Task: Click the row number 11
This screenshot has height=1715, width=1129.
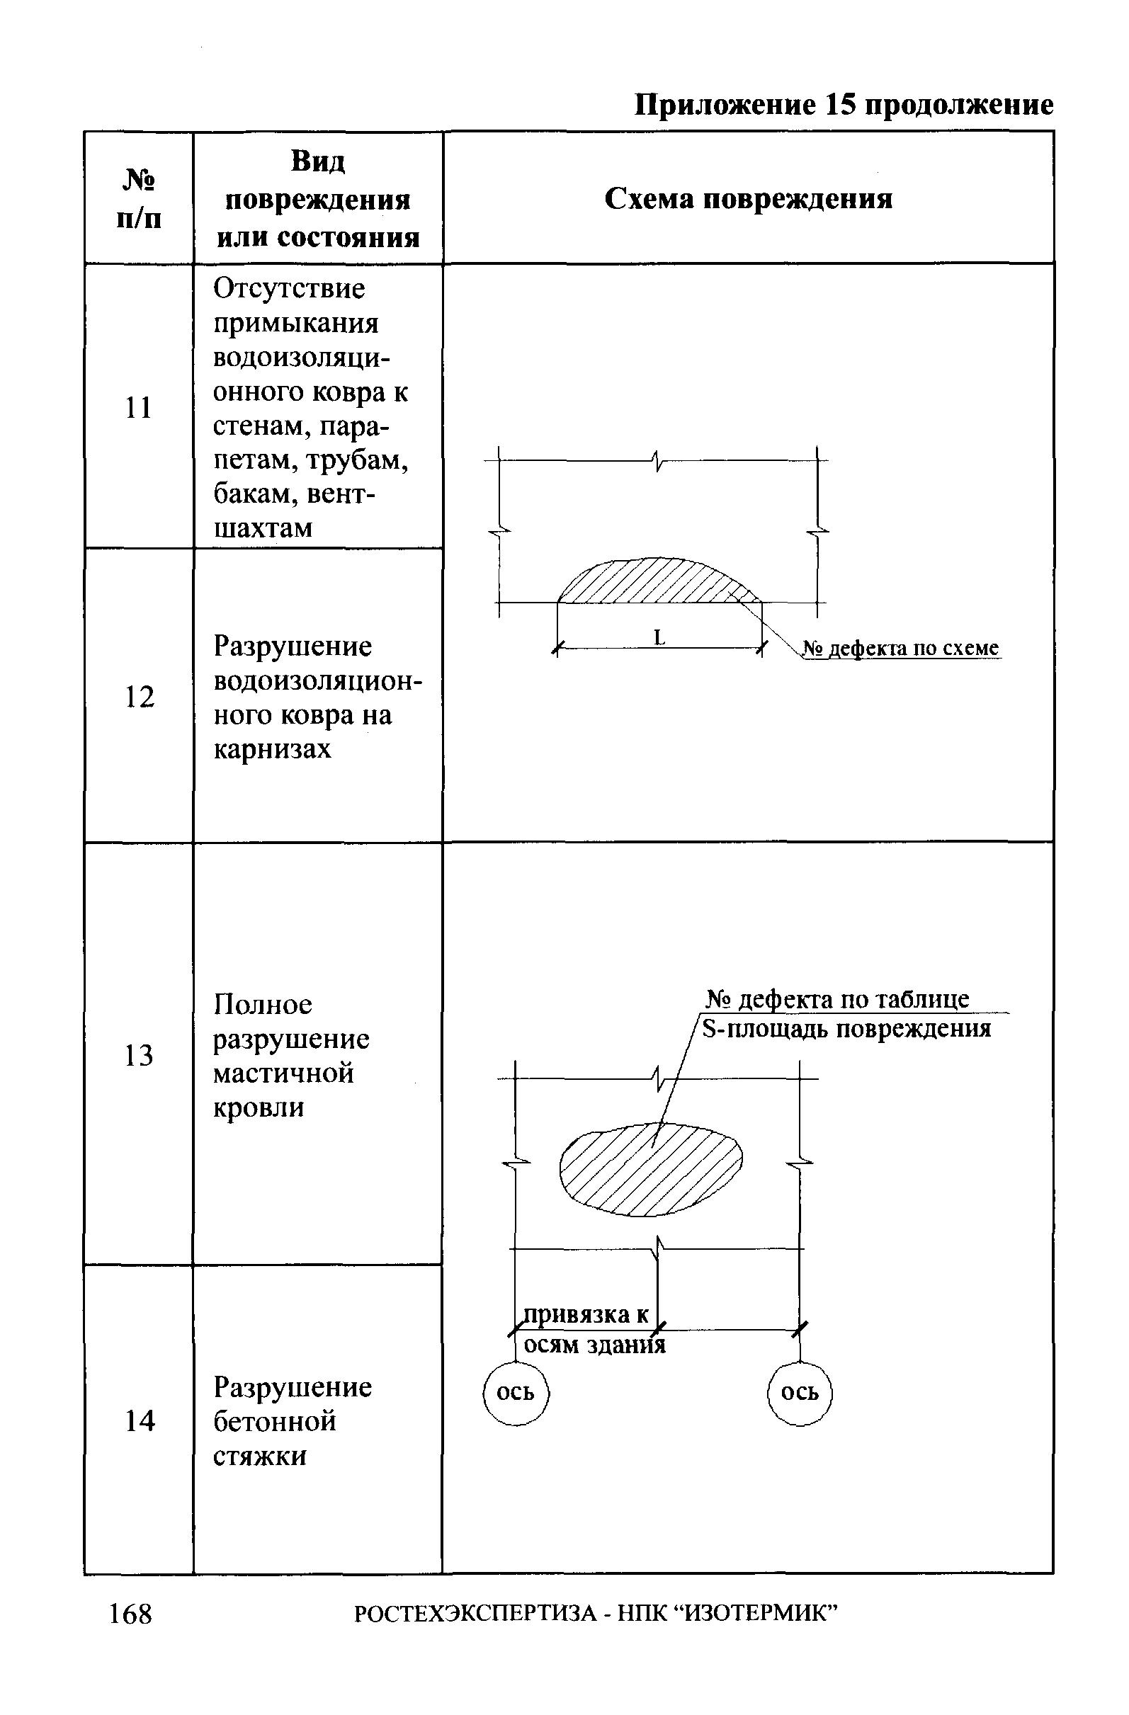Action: pos(138,408)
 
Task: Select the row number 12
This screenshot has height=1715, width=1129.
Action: pos(139,697)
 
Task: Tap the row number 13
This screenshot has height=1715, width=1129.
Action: pos(138,1056)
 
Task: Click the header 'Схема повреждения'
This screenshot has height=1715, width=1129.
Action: pos(749,199)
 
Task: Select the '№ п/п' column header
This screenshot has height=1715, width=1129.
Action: pos(138,199)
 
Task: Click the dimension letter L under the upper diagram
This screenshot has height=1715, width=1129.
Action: pos(658,637)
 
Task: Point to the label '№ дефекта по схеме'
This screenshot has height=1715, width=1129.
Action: pos(901,648)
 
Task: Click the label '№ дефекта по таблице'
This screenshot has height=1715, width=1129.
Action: pos(837,998)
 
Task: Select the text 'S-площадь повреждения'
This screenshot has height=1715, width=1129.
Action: pos(846,1029)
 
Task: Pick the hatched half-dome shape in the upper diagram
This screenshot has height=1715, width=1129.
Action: pos(656,582)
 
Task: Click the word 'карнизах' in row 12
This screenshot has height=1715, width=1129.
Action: pos(272,748)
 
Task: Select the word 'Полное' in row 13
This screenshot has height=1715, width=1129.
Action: pos(263,1004)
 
